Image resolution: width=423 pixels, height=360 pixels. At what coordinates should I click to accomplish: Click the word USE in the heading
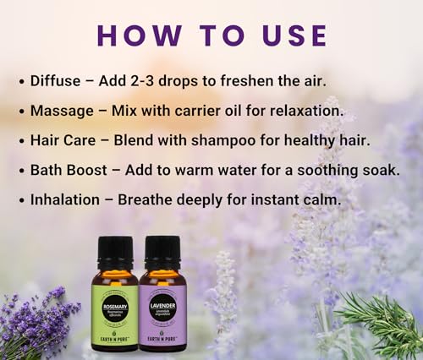point(293,35)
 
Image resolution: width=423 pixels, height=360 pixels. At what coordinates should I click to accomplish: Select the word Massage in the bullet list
point(63,111)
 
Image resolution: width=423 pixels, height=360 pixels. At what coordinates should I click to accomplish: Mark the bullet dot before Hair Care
point(20,141)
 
